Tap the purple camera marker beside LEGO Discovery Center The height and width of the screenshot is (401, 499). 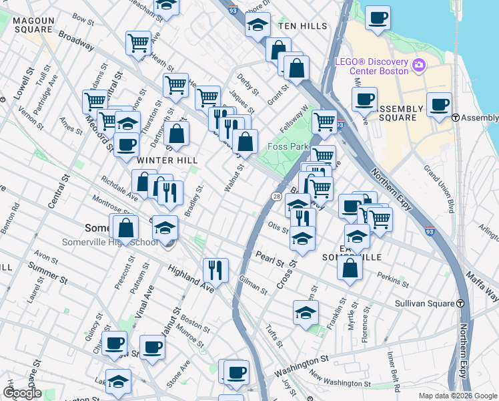click(x=419, y=65)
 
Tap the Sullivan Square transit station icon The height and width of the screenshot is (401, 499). click(x=460, y=303)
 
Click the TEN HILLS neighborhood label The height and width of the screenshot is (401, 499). click(x=303, y=26)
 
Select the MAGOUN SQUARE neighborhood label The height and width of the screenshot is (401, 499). click(x=32, y=25)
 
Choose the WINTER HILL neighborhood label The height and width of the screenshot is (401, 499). click(x=159, y=160)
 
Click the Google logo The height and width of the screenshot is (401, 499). click(x=22, y=393)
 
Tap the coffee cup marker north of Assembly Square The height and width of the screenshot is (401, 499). click(x=378, y=18)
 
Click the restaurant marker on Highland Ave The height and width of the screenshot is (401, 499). click(x=215, y=271)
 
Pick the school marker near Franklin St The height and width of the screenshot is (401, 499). click(x=306, y=312)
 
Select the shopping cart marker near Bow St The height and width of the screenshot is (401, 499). click(x=138, y=43)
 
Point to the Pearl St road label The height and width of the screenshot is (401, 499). click(x=269, y=257)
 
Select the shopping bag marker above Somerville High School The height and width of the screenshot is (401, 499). click(x=125, y=227)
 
